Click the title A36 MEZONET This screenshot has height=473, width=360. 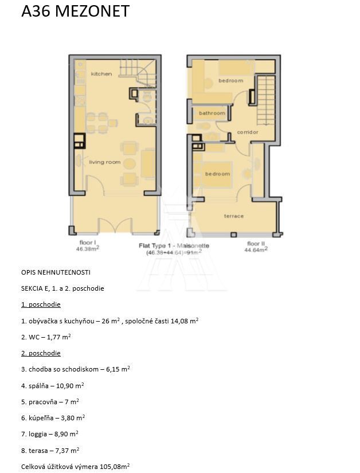tap(75, 11)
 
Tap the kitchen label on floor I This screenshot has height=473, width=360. tap(101, 74)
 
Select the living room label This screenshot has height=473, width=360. tap(105, 162)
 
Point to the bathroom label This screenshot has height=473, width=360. tap(212, 113)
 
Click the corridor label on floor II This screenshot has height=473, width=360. tap(248, 132)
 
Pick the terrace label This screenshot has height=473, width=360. tap(233, 216)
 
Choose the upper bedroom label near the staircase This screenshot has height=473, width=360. tap(231, 81)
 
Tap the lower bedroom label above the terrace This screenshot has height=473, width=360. tap(218, 174)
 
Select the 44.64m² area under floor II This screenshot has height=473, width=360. tap(256, 250)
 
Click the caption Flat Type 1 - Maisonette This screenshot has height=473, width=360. tap(174, 245)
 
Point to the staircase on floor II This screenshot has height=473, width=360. tap(265, 95)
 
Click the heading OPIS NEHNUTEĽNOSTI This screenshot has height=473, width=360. tap(56, 272)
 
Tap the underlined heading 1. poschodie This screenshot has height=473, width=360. tap(41, 304)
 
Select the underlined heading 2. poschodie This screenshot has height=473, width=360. tap(41, 353)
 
